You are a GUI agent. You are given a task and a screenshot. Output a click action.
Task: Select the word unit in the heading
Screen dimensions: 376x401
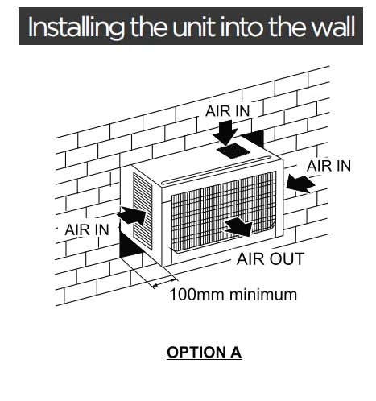tap(194, 27)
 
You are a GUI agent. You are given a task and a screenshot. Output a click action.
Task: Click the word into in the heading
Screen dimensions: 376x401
tap(242, 27)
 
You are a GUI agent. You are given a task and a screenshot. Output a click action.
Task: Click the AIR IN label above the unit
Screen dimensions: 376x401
tap(228, 111)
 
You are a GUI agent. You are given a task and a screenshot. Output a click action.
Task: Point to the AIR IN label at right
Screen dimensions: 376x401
tap(329, 166)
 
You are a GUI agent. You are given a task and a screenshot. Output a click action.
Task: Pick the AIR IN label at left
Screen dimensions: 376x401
tap(87, 229)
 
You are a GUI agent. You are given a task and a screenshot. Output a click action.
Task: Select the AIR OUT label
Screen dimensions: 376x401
tap(271, 258)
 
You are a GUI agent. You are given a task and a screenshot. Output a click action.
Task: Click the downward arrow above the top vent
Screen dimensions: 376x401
tap(225, 132)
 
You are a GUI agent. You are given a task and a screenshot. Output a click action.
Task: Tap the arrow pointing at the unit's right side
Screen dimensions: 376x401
tap(300, 184)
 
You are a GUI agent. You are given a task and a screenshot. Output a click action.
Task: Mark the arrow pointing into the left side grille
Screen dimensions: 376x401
tap(132, 216)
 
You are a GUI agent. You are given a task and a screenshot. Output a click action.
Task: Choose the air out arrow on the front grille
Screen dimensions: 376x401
tap(239, 226)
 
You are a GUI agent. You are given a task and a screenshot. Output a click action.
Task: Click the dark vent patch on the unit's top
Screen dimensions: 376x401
tap(233, 151)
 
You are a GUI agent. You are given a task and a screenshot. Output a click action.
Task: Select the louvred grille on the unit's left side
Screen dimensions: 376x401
tap(143, 210)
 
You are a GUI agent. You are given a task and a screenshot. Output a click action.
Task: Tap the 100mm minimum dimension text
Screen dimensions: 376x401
tap(233, 295)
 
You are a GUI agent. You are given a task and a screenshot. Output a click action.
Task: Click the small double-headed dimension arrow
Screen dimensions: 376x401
tap(164, 283)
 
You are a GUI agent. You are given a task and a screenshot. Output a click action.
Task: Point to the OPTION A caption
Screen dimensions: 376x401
tap(205, 352)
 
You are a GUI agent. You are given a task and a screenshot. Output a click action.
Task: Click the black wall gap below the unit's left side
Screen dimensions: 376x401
tap(130, 244)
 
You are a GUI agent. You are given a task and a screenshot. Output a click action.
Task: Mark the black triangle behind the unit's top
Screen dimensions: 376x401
tap(253, 138)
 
